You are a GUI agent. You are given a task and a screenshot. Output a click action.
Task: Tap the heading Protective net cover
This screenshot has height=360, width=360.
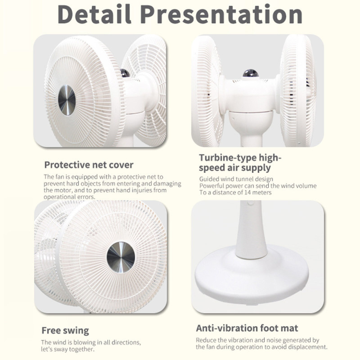(x=89, y=165)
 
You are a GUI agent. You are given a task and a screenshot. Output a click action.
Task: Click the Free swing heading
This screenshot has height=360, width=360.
(x=65, y=330)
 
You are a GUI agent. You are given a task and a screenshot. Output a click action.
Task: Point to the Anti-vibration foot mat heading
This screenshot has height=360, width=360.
(x=247, y=328)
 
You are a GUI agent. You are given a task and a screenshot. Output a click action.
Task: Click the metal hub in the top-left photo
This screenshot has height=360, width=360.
(x=67, y=99)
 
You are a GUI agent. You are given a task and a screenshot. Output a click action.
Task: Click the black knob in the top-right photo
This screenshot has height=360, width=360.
(x=250, y=72)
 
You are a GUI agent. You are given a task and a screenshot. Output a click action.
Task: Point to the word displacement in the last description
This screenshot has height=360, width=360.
(x=307, y=347)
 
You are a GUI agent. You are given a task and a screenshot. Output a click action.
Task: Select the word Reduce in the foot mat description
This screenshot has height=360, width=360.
(x=206, y=340)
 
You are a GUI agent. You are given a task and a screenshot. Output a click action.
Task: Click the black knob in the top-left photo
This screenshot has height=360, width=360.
(x=125, y=72)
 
